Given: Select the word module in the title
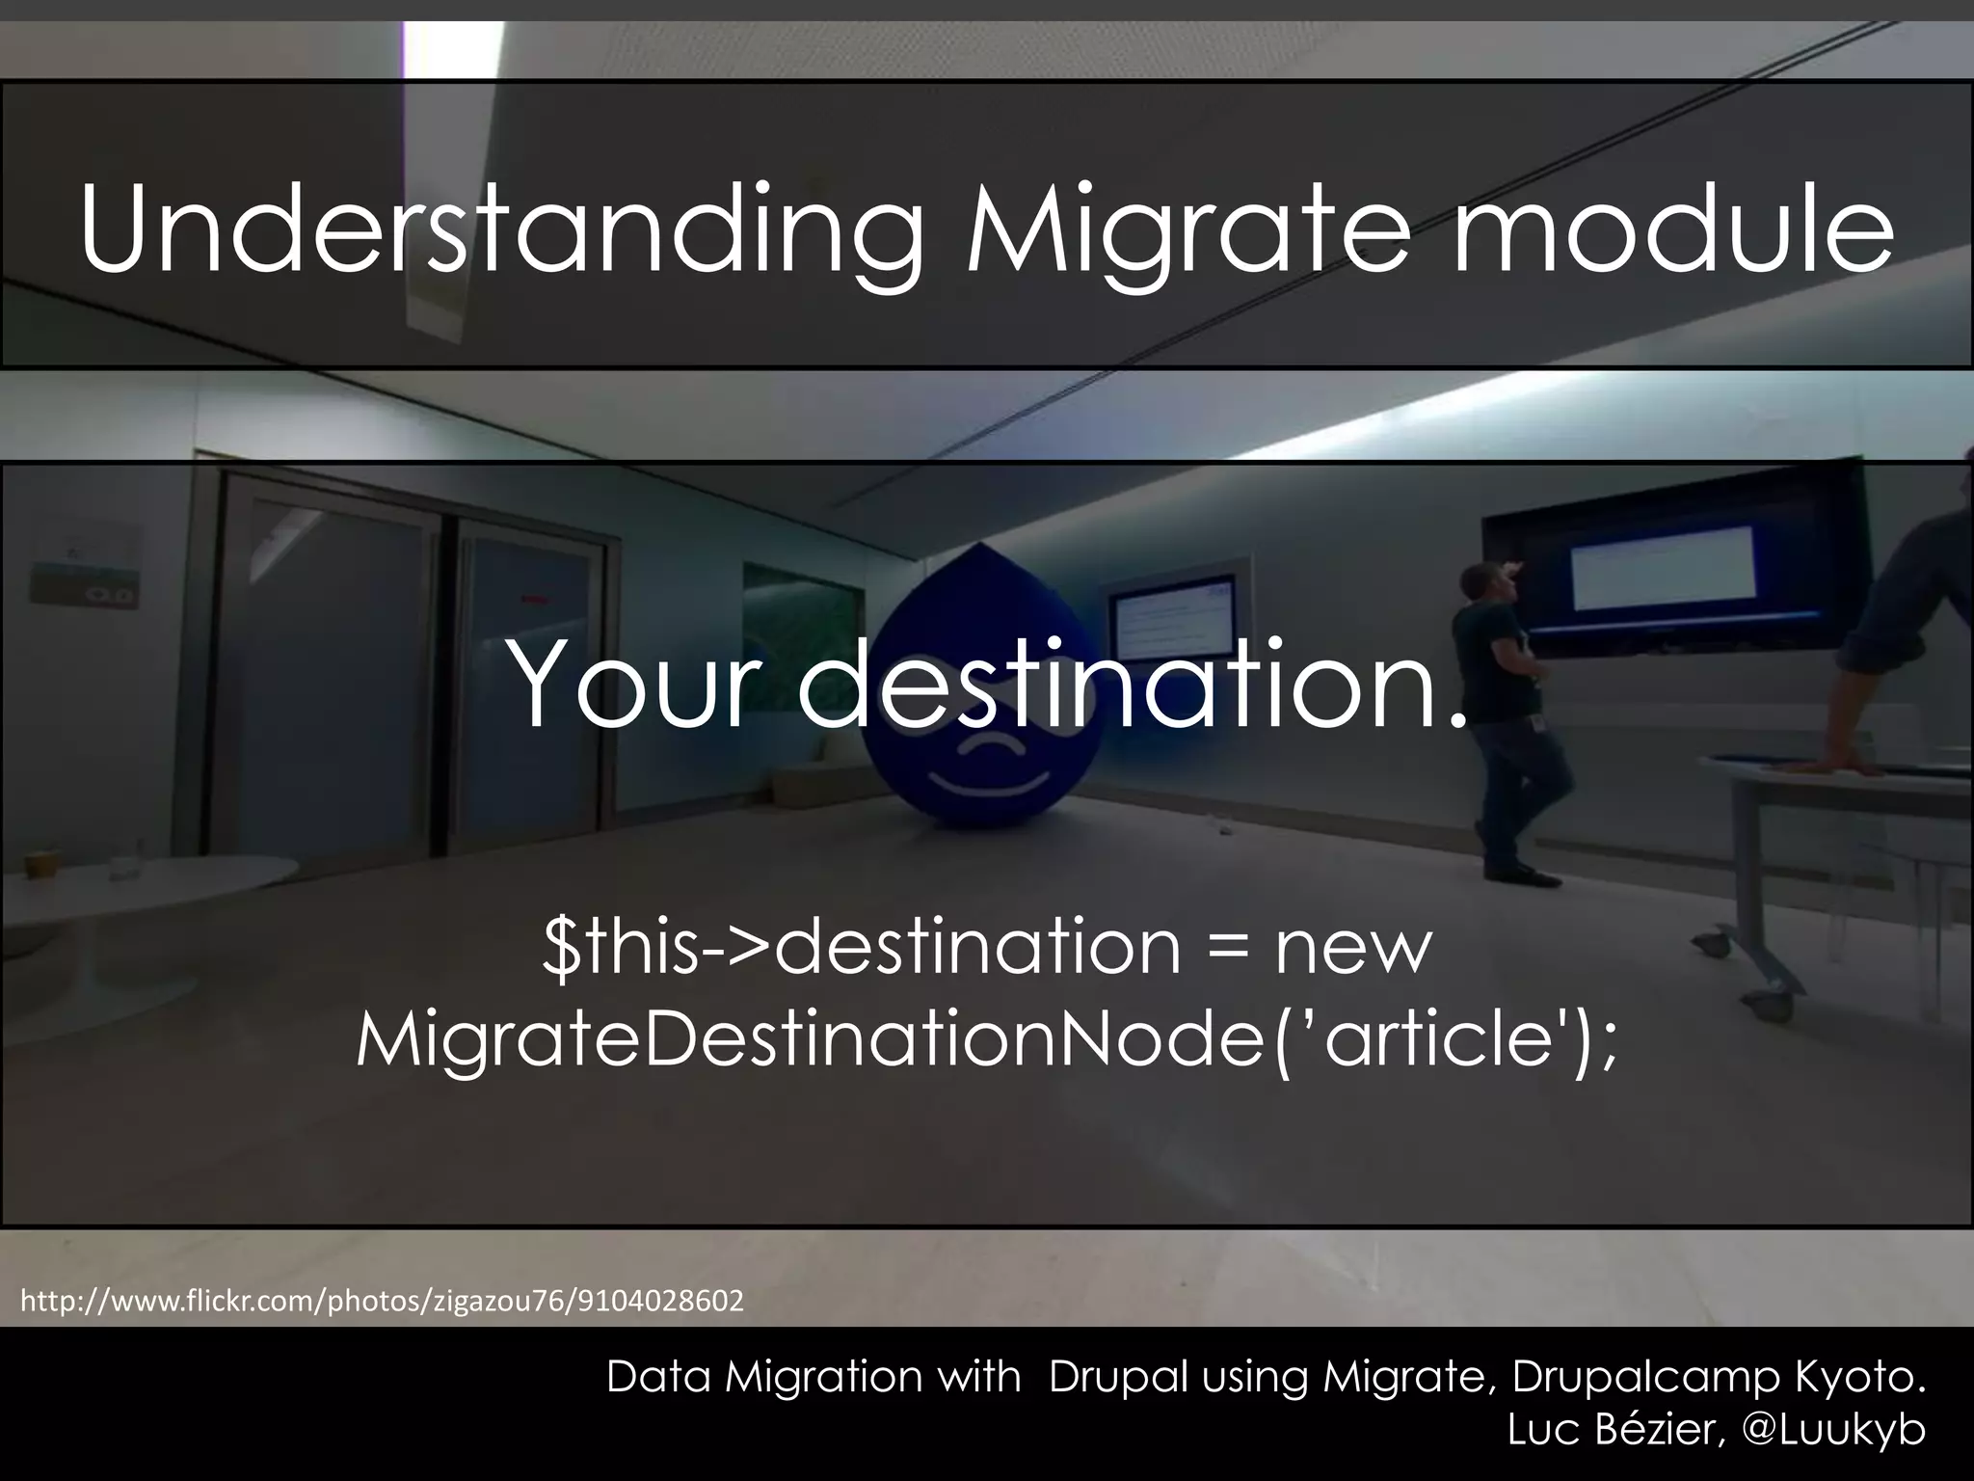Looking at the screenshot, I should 1673,231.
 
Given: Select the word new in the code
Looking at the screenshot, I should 1353,947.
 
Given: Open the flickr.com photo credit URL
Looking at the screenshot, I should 382,1302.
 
